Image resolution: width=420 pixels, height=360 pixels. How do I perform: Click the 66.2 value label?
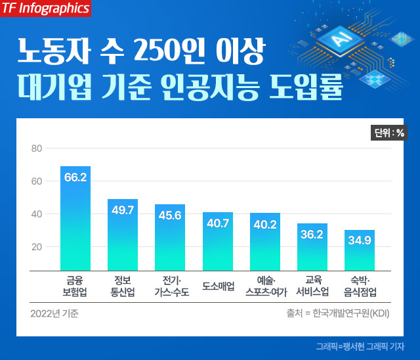[x=75, y=177]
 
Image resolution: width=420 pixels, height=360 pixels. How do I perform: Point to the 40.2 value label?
[x=264, y=224]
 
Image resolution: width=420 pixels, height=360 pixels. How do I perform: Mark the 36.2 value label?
[x=312, y=234]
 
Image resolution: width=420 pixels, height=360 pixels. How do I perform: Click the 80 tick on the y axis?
[x=37, y=149]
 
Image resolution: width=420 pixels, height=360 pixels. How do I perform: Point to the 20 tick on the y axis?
[x=37, y=247]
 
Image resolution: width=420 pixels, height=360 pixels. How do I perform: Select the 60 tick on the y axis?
[x=37, y=181]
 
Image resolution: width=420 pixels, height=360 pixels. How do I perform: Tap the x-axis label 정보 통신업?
[x=123, y=286]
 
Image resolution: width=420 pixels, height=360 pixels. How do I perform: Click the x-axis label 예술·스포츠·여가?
[x=264, y=286]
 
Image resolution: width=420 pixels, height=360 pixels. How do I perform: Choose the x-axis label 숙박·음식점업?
[x=360, y=286]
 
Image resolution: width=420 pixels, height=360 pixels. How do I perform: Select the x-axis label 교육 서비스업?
[x=312, y=286]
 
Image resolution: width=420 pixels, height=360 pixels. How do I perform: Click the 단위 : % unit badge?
[x=389, y=133]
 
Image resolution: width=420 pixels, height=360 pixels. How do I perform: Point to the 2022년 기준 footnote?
[x=54, y=313]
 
